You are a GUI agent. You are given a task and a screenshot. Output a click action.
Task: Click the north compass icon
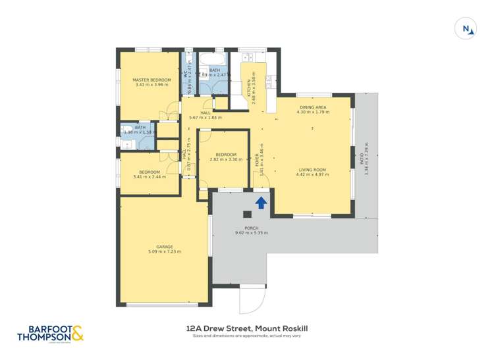(x=466, y=28)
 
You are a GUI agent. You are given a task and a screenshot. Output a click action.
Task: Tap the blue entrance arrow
(x=261, y=202)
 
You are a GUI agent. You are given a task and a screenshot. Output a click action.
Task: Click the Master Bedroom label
(x=152, y=80)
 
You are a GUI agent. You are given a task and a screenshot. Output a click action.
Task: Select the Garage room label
(x=165, y=247)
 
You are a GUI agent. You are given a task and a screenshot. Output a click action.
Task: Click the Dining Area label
(x=312, y=107)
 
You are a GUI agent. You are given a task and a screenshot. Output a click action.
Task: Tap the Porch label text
(x=252, y=228)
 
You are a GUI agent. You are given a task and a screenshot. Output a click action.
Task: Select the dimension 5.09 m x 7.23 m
(x=165, y=251)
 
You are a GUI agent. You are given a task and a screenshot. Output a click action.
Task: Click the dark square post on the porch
(x=247, y=214)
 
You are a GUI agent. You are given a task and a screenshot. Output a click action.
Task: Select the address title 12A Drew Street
(x=247, y=328)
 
